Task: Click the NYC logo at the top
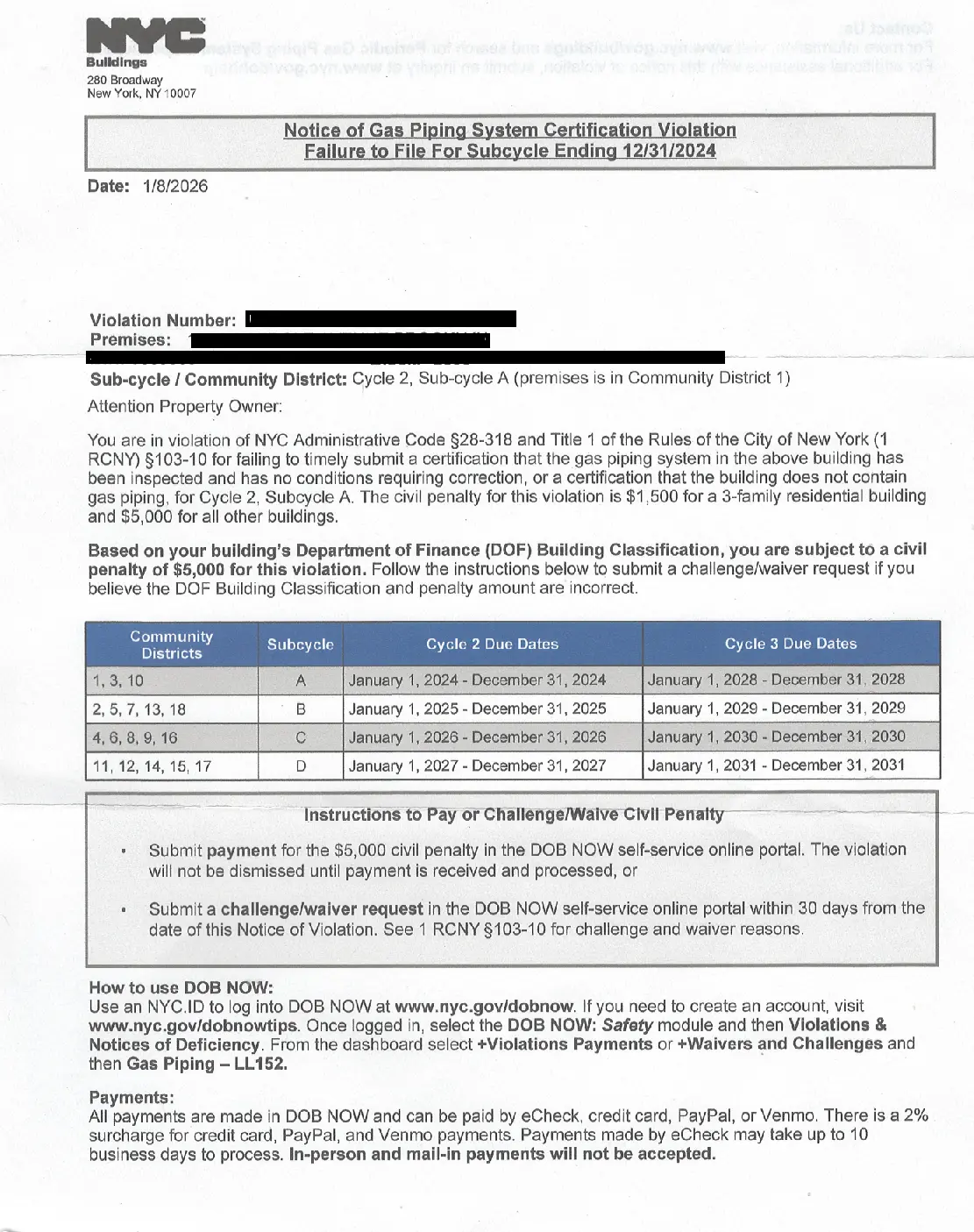146,38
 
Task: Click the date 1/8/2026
175,186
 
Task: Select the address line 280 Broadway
124,80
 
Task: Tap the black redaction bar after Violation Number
380,318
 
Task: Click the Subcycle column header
300,644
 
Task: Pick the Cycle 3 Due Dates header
790,644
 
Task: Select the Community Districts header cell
171,644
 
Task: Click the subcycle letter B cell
300,709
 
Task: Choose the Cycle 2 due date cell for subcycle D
477,766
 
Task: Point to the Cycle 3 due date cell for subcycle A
776,680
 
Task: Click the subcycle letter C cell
300,737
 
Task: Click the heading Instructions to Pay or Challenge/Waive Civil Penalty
514,815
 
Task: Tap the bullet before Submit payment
124,851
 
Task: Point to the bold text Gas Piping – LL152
207,1064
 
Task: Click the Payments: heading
132,1098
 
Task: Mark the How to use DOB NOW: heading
181,987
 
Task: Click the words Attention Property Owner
185,407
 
